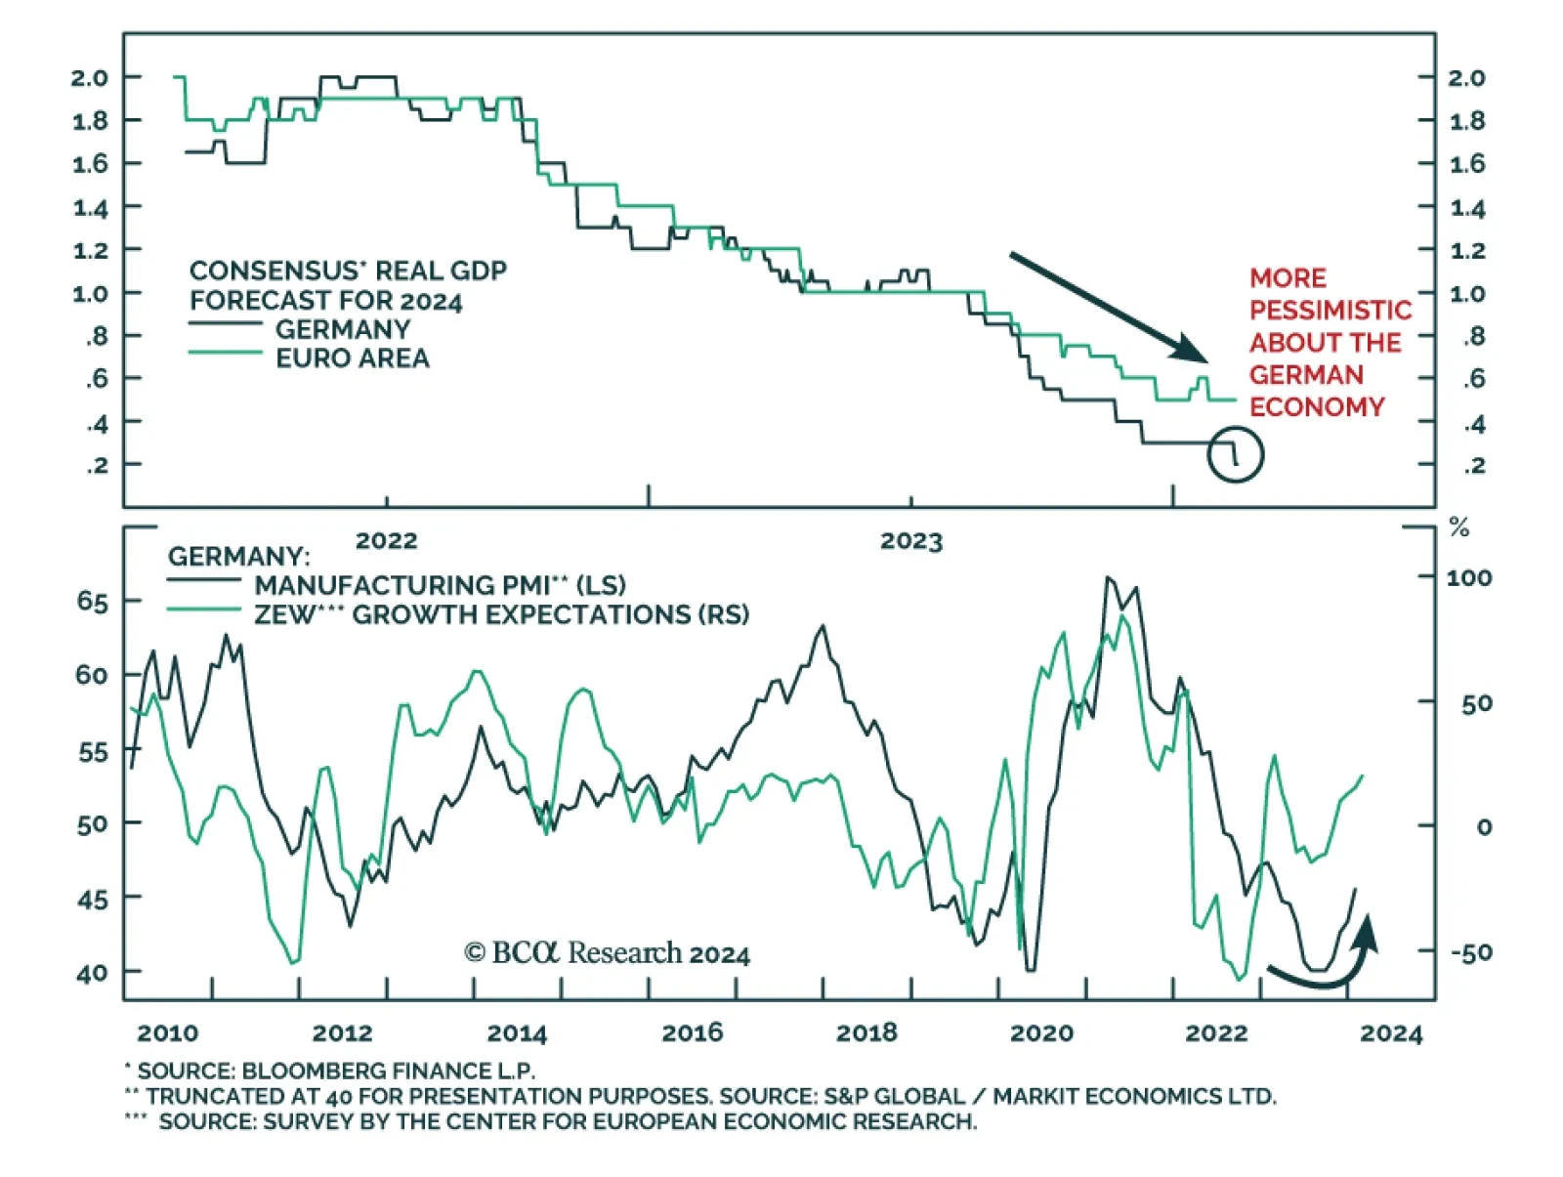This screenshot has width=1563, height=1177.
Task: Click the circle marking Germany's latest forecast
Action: point(1235,454)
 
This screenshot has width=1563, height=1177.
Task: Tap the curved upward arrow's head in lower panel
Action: point(1368,929)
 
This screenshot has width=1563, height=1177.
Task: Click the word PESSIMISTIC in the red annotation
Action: point(1331,311)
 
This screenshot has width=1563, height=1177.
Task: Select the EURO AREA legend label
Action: point(352,358)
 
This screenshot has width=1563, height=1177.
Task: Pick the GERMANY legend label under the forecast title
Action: point(342,329)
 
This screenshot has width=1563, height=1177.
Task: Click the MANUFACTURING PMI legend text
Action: point(440,585)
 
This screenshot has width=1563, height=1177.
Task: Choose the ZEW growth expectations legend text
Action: point(501,614)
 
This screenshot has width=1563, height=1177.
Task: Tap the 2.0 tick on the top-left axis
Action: point(90,77)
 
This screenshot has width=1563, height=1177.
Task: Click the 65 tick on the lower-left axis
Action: point(92,602)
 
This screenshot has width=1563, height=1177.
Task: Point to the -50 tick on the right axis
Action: point(1470,952)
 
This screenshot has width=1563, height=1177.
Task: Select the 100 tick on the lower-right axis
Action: point(1468,578)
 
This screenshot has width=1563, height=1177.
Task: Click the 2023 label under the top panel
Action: point(910,541)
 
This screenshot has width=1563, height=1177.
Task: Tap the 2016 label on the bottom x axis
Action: point(692,1033)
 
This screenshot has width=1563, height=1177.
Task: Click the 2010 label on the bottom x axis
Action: point(167,1033)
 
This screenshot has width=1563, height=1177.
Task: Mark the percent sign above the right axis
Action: point(1459,528)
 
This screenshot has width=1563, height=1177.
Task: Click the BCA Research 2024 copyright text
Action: point(607,953)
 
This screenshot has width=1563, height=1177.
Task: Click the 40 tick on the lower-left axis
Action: point(92,974)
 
